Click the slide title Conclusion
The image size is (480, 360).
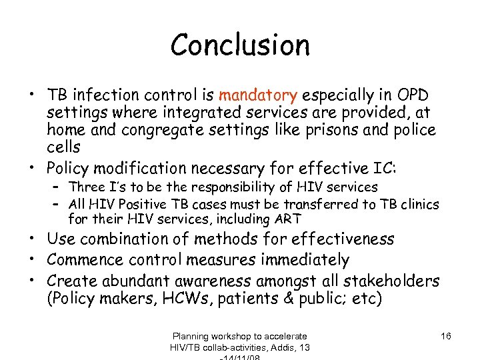pos(240,45)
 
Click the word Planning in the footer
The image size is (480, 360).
pos(191,336)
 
